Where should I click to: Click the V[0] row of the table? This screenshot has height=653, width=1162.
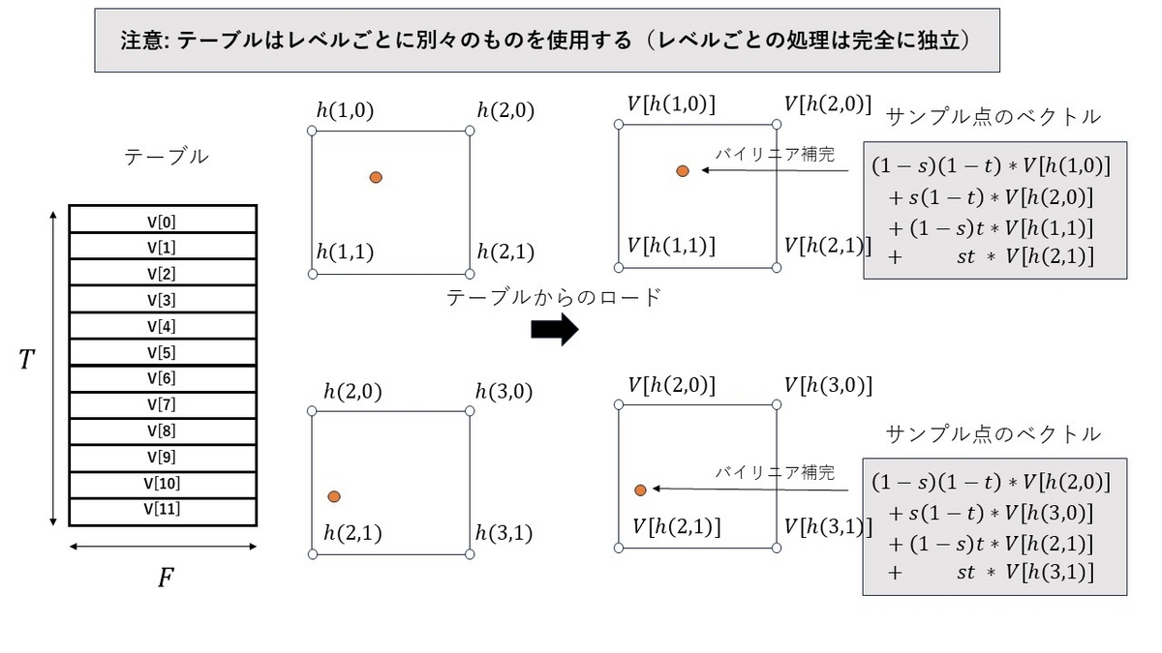pyautogui.click(x=163, y=220)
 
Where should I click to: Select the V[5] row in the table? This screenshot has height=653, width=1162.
pyautogui.click(x=163, y=352)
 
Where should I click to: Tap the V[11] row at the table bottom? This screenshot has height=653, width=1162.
pyautogui.click(x=163, y=512)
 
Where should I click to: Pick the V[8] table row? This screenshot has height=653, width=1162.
pyautogui.click(x=163, y=431)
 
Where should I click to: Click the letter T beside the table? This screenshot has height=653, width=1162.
pyautogui.click(x=26, y=359)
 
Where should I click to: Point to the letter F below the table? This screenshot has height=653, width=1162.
pyautogui.click(x=166, y=578)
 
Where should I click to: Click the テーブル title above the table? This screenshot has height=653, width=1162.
pyautogui.click(x=166, y=157)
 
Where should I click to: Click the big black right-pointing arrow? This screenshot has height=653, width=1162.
pyautogui.click(x=555, y=329)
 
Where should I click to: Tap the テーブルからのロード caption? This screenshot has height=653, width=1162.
pyautogui.click(x=554, y=298)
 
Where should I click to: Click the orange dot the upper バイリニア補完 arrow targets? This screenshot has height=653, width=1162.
pyautogui.click(x=683, y=171)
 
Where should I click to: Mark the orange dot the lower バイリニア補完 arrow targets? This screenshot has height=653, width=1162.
pyautogui.click(x=640, y=490)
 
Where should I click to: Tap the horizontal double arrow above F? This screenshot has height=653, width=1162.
pyautogui.click(x=163, y=547)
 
